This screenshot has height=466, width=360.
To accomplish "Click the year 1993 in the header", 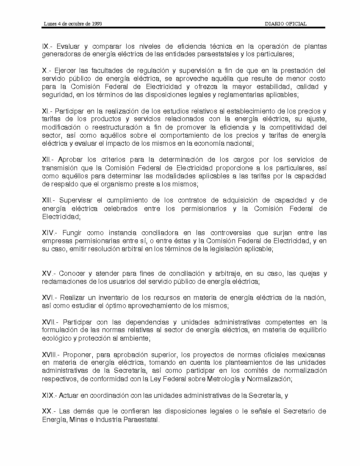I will point(96,24).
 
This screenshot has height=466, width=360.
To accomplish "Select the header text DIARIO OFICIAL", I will point(285,24).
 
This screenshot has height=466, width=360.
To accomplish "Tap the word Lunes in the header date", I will point(49,24).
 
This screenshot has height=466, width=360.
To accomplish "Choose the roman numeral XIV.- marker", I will point(50,233).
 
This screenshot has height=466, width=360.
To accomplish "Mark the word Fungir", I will point(72,233).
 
